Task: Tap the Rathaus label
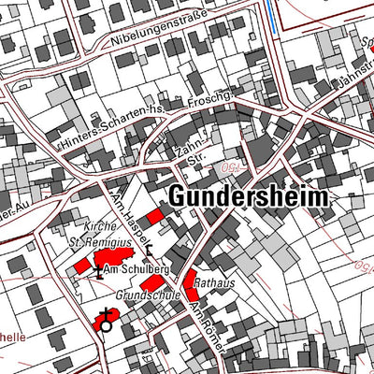point(218,278)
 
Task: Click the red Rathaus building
point(191,279)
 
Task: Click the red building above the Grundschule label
point(152,309)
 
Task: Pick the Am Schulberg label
point(135,269)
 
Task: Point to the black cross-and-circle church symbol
point(105,323)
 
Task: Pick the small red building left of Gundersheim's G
point(155,214)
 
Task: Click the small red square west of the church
point(83,266)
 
